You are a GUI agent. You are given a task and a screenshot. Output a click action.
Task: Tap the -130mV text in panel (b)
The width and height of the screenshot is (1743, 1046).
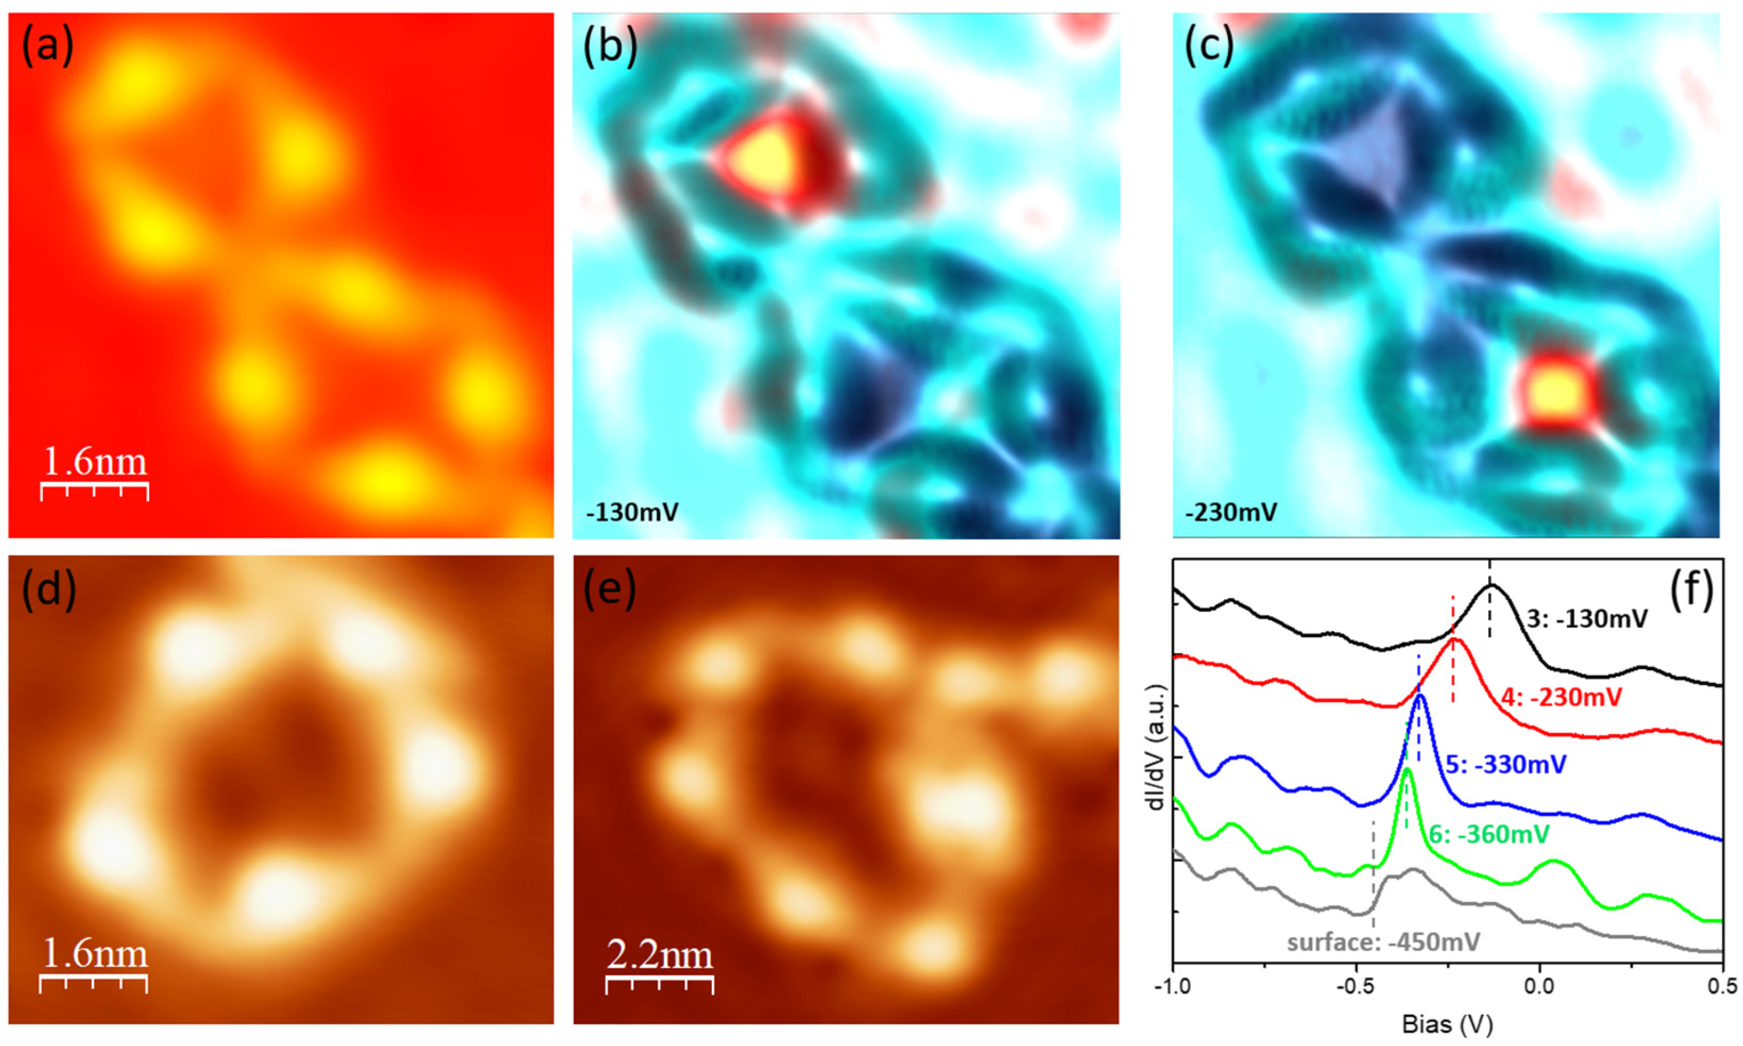(632, 511)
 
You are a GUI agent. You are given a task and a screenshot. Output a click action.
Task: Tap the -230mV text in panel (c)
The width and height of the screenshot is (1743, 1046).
(1231, 511)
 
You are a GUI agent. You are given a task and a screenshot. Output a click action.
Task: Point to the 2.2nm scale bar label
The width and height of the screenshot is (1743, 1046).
(659, 956)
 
